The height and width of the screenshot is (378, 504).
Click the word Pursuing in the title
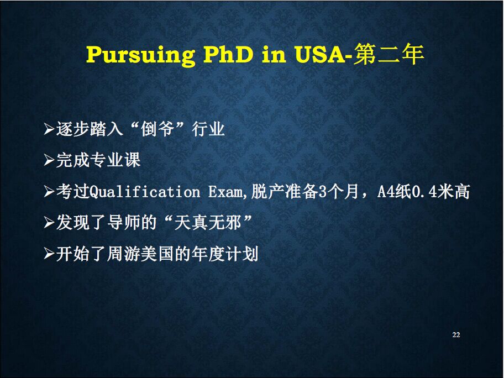(140, 54)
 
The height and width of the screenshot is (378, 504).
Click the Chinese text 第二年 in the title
(389, 54)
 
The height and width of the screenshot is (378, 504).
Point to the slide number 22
(456, 334)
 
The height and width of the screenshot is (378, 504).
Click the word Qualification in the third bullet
(144, 192)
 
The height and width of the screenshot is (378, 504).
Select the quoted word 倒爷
(158, 129)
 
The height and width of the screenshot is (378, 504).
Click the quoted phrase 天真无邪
(208, 223)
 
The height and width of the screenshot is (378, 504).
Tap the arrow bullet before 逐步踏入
(49, 129)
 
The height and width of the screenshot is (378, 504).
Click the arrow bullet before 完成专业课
(49, 160)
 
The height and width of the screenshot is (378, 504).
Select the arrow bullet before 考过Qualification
(49, 192)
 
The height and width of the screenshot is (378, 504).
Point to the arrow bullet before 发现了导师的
(49, 222)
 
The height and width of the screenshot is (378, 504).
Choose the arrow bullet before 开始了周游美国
(49, 254)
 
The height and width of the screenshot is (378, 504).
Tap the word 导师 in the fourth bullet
(123, 223)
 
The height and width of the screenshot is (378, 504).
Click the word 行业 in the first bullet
(208, 129)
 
